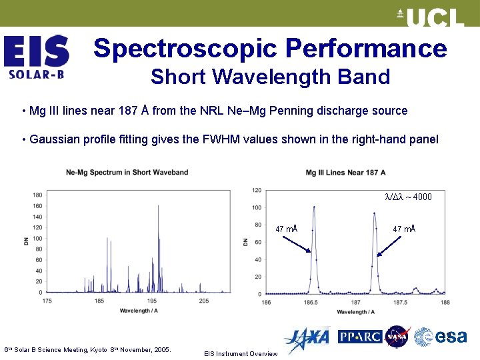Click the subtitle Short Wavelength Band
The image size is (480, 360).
coord(270,77)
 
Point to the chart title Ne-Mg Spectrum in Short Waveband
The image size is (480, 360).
coord(127,173)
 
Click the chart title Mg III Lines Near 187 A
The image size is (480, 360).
coord(345,173)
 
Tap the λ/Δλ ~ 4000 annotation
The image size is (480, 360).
coord(408,197)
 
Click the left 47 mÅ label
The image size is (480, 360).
coord(286,229)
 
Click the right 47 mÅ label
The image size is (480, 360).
coord(404,229)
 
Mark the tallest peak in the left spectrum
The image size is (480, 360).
coord(158,207)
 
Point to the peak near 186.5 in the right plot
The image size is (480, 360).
coord(314,208)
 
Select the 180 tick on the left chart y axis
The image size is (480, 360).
coord(37,195)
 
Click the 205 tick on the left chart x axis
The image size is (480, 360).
coord(203,301)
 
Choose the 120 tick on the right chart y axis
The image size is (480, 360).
coord(257,191)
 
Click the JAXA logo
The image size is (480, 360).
coord(306,337)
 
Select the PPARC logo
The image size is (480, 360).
coord(359,337)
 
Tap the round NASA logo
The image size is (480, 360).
coord(397,337)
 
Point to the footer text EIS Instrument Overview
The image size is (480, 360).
coord(241,354)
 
